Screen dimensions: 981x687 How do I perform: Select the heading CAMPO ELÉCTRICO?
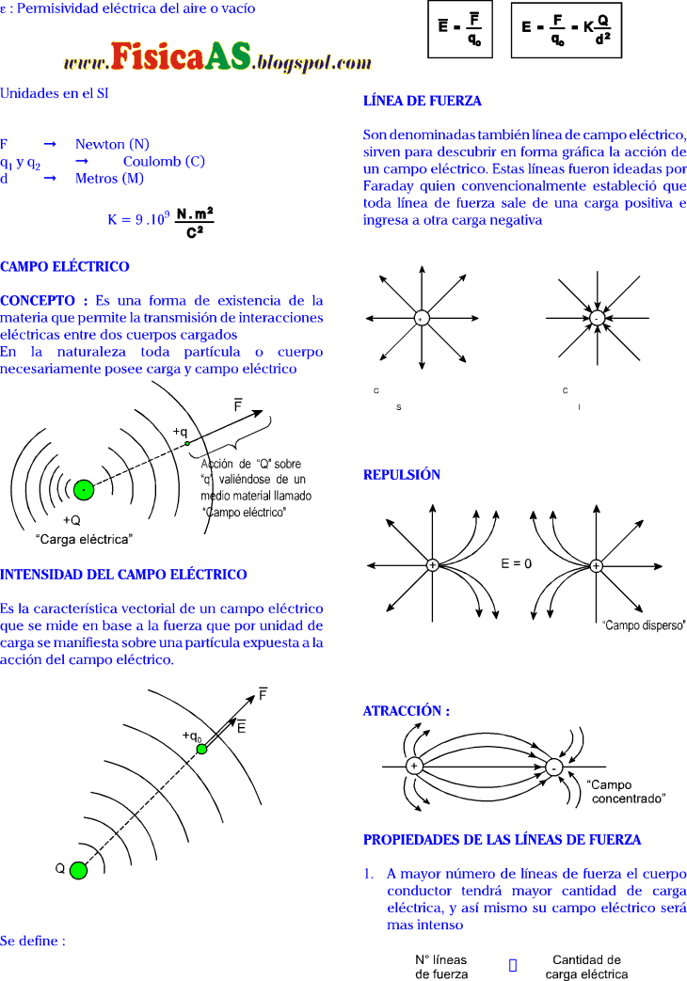tap(65, 267)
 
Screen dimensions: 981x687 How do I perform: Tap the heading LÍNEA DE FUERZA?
tap(423, 101)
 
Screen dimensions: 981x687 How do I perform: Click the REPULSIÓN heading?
tap(402, 475)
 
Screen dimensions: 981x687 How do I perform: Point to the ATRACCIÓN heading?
tap(407, 711)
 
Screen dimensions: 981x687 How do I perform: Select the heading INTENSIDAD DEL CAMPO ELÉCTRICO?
tap(123, 575)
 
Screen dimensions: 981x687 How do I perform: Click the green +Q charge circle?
tap(84, 490)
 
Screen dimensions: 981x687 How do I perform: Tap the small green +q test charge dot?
tap(187, 443)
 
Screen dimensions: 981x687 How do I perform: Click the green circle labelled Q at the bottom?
tap(78, 870)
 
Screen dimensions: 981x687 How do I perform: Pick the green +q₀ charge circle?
tap(200, 749)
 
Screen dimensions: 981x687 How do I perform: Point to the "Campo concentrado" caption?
tap(629, 791)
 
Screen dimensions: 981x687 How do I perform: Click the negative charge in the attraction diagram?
tap(554, 767)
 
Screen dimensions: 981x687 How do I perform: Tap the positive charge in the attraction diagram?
tap(412, 767)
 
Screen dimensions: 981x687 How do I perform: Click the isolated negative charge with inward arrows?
tap(597, 319)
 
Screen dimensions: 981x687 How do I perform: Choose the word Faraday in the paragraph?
tap(390, 186)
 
